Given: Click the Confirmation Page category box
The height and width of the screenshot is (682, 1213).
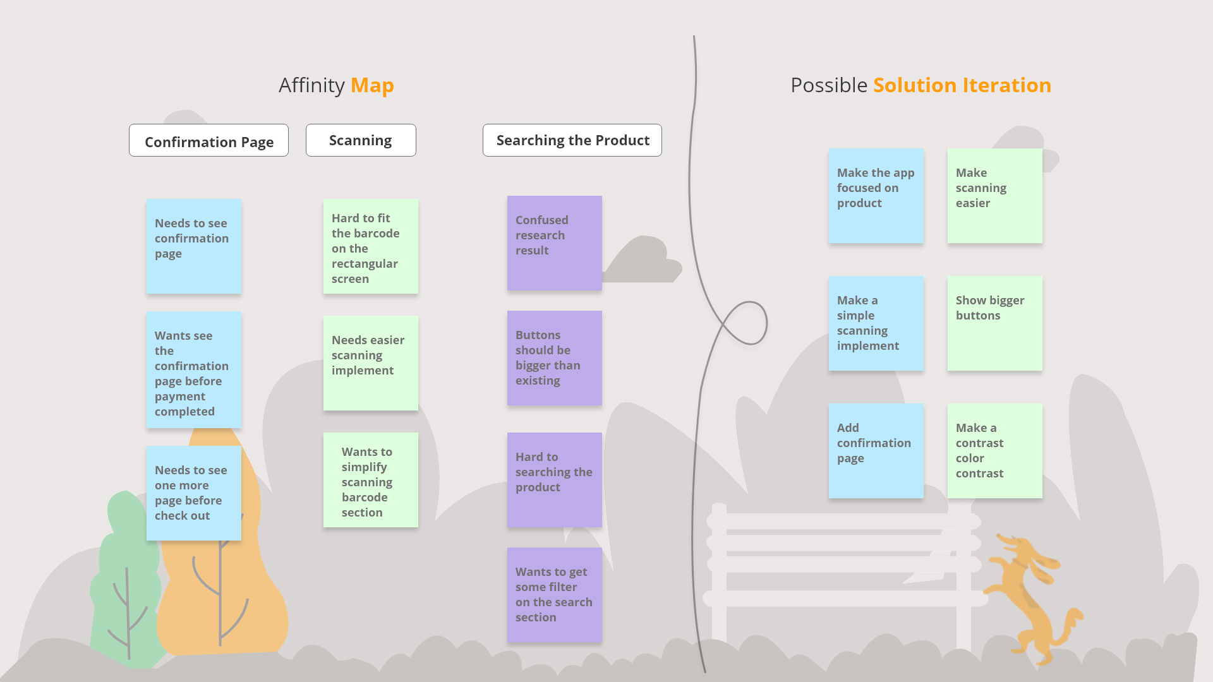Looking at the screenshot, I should (208, 140).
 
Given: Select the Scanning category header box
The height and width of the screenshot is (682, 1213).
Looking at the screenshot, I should (361, 140).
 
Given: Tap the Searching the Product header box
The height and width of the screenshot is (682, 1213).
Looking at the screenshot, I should (572, 140).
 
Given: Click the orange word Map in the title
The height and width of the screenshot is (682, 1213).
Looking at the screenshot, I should (372, 85).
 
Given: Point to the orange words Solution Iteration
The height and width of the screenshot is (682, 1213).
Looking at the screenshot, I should (962, 85).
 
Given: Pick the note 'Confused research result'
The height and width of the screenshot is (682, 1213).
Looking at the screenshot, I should (554, 243).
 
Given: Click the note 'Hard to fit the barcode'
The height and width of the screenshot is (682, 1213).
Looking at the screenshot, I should (370, 246).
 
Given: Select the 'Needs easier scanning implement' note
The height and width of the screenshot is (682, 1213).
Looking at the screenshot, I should (370, 363).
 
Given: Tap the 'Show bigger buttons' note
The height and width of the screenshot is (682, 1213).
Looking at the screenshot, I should (994, 323).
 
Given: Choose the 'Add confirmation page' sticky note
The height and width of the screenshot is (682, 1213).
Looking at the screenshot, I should (876, 451).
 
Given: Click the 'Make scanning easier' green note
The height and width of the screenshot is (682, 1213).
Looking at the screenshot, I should (994, 196).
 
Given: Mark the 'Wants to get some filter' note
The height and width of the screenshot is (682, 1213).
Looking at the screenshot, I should (554, 595).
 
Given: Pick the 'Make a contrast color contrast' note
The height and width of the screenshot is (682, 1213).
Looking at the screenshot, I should (994, 451).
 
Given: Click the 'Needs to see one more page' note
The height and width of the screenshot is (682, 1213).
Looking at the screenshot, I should (193, 493).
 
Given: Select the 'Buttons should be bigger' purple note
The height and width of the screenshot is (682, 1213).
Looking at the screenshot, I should (554, 358).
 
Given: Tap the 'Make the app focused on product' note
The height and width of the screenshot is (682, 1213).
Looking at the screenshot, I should (876, 196).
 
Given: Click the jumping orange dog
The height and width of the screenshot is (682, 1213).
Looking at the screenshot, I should (1030, 594).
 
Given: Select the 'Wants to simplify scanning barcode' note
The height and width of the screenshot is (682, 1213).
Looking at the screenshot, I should (370, 480).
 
